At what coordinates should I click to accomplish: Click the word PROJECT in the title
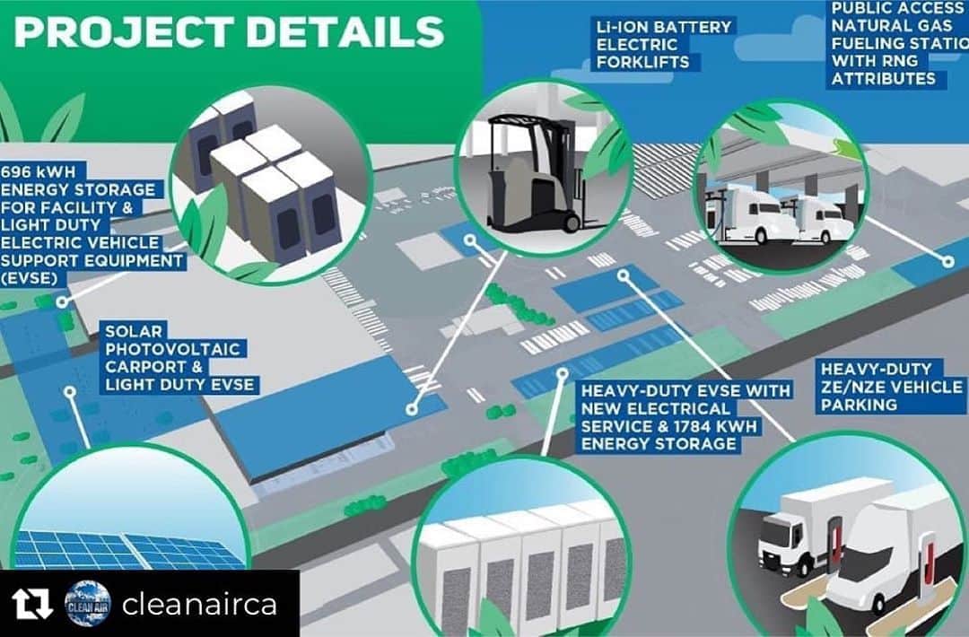coord(124,31)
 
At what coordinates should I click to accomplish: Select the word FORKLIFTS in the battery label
coord(642,63)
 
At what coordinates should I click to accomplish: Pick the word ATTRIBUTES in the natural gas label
coord(884,78)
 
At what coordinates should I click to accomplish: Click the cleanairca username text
coord(199,605)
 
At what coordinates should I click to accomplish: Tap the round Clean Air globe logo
coord(88,604)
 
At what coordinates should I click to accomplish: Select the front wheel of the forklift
coord(572,222)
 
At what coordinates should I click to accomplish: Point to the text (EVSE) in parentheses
coord(30,278)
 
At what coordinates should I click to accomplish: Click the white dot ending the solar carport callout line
coord(71,392)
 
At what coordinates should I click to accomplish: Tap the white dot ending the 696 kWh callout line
coord(61,302)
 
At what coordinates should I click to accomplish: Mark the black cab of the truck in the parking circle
coord(777,537)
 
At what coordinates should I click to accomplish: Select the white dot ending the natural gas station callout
coord(948,262)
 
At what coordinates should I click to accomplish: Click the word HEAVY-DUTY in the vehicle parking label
coord(877,370)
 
